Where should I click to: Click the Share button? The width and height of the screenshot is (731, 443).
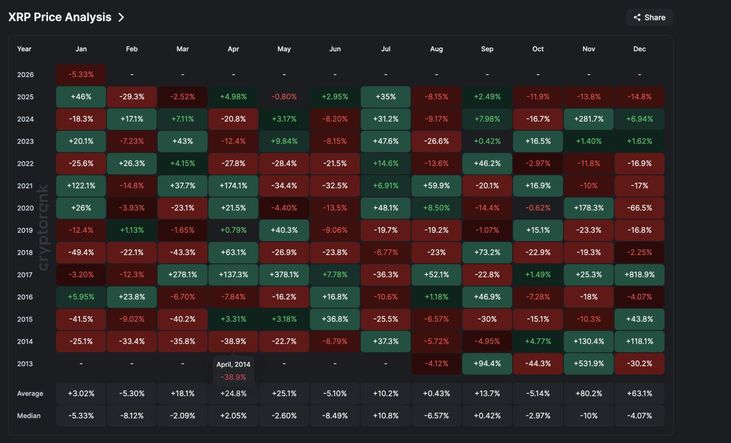pos(649,17)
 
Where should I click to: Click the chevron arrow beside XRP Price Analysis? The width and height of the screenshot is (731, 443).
pos(121,17)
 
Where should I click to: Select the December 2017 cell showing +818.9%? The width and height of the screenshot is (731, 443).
pos(639,274)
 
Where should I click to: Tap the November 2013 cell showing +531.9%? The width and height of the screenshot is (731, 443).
pos(588,364)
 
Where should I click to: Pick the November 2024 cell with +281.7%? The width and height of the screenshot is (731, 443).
pos(588,119)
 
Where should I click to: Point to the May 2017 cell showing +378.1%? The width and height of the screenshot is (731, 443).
pos(284,274)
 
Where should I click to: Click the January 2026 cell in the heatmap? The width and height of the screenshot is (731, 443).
pos(81,75)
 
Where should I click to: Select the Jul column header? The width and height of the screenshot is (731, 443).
pos(385,49)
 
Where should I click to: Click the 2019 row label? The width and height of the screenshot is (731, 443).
pos(25,230)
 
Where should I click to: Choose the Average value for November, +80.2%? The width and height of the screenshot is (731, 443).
pos(588,393)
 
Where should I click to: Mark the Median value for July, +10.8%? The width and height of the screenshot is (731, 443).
pos(385,416)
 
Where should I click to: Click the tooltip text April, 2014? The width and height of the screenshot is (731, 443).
pos(233,365)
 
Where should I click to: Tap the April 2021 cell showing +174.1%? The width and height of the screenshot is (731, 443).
pos(233,186)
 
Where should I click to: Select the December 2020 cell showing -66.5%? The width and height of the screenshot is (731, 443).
pos(639,208)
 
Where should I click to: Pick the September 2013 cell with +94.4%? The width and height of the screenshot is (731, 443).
pos(487,364)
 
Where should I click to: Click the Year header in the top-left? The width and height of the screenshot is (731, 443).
pos(24,49)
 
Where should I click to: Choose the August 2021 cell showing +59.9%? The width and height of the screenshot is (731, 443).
pos(436,186)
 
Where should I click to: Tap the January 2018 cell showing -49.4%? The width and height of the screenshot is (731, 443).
pos(81,253)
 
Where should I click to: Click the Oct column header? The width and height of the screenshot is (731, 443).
pos(538,49)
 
